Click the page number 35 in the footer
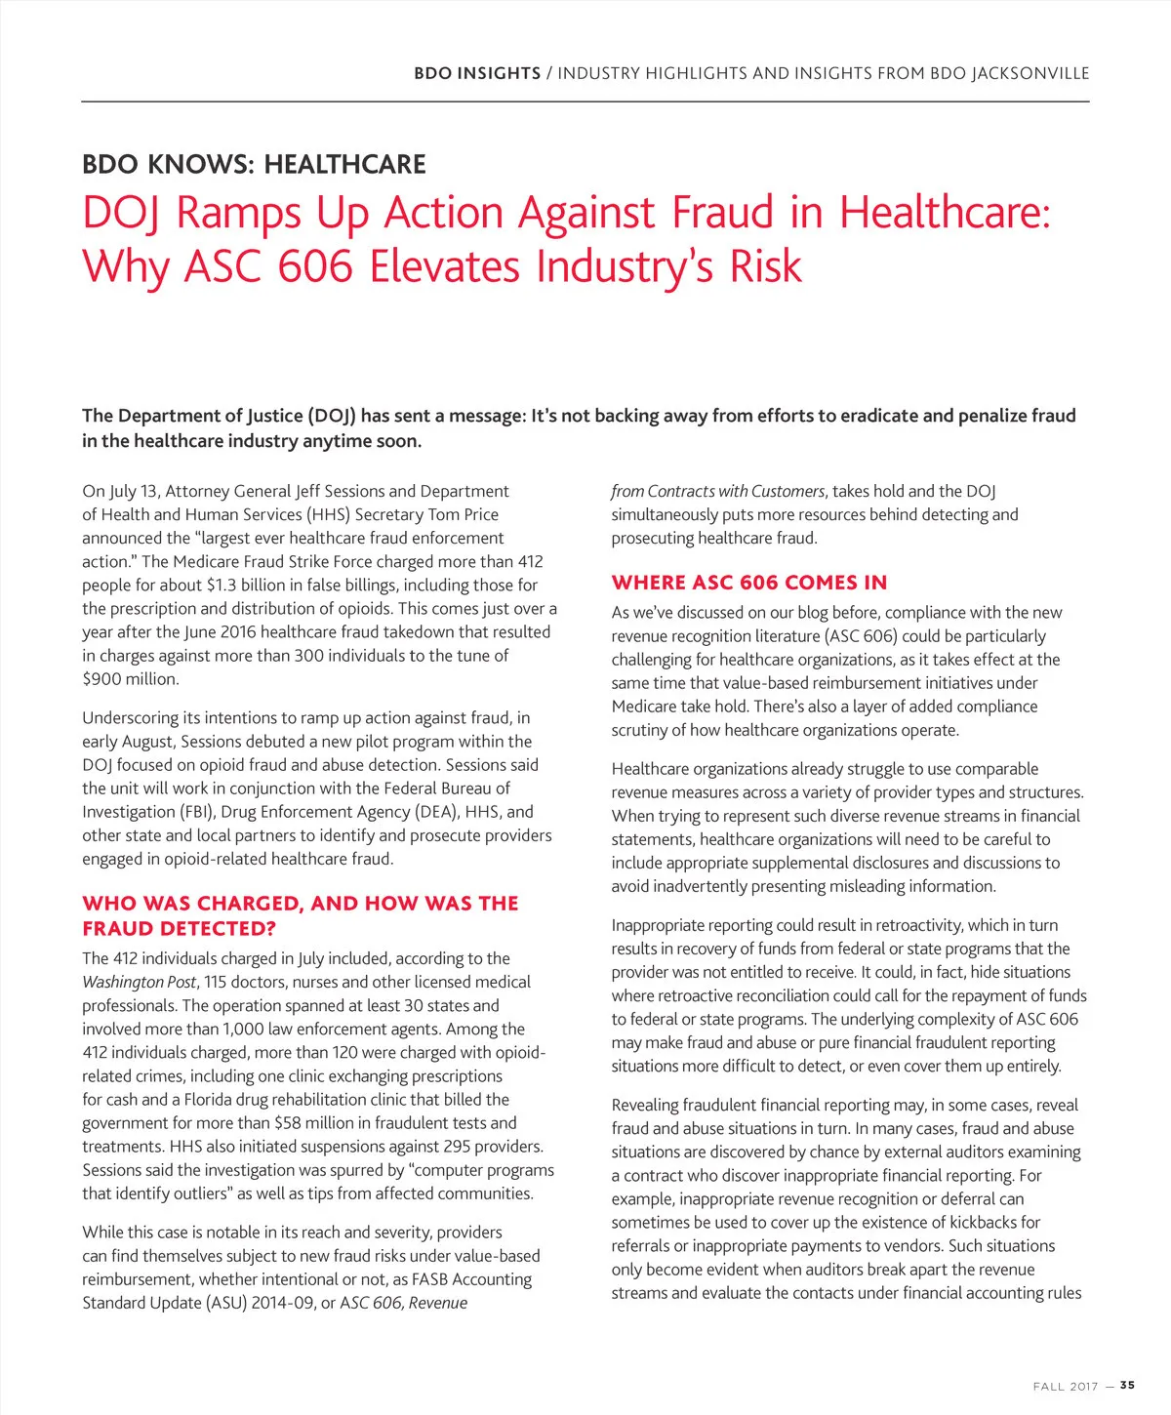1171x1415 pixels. [x=1127, y=1385]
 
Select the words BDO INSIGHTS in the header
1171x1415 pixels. [x=477, y=73]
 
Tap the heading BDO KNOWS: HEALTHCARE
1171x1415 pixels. [x=254, y=164]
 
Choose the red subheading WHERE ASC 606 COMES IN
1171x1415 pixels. [x=749, y=583]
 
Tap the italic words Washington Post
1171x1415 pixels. [x=139, y=982]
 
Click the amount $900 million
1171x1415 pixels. [x=130, y=678]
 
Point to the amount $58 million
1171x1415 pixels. [x=320, y=1123]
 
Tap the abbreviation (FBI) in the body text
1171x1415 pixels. [x=195, y=812]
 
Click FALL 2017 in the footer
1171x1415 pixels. [x=1066, y=1386]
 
